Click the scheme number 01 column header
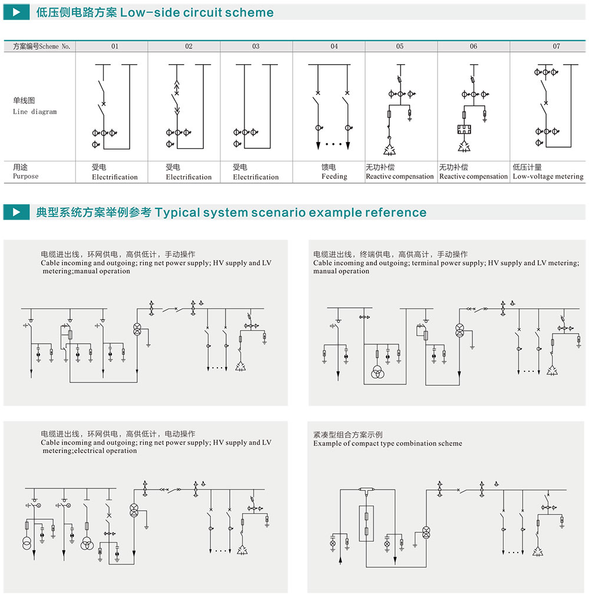point(115,46)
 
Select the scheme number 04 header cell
point(334,46)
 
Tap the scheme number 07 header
point(556,46)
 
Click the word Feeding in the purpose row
point(334,177)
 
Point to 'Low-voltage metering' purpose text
point(548,177)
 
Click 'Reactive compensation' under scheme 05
point(399,177)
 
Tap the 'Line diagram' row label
point(35,112)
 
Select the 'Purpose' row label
point(25,176)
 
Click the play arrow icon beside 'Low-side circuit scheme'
point(16,12)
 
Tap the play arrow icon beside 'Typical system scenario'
point(16,212)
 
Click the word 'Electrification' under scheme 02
point(188,177)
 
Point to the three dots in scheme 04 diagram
point(333,144)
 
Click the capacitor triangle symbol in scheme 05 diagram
point(389,150)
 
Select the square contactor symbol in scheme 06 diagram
point(464,129)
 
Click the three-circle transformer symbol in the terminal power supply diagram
point(378,373)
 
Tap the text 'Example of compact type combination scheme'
point(388,443)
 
